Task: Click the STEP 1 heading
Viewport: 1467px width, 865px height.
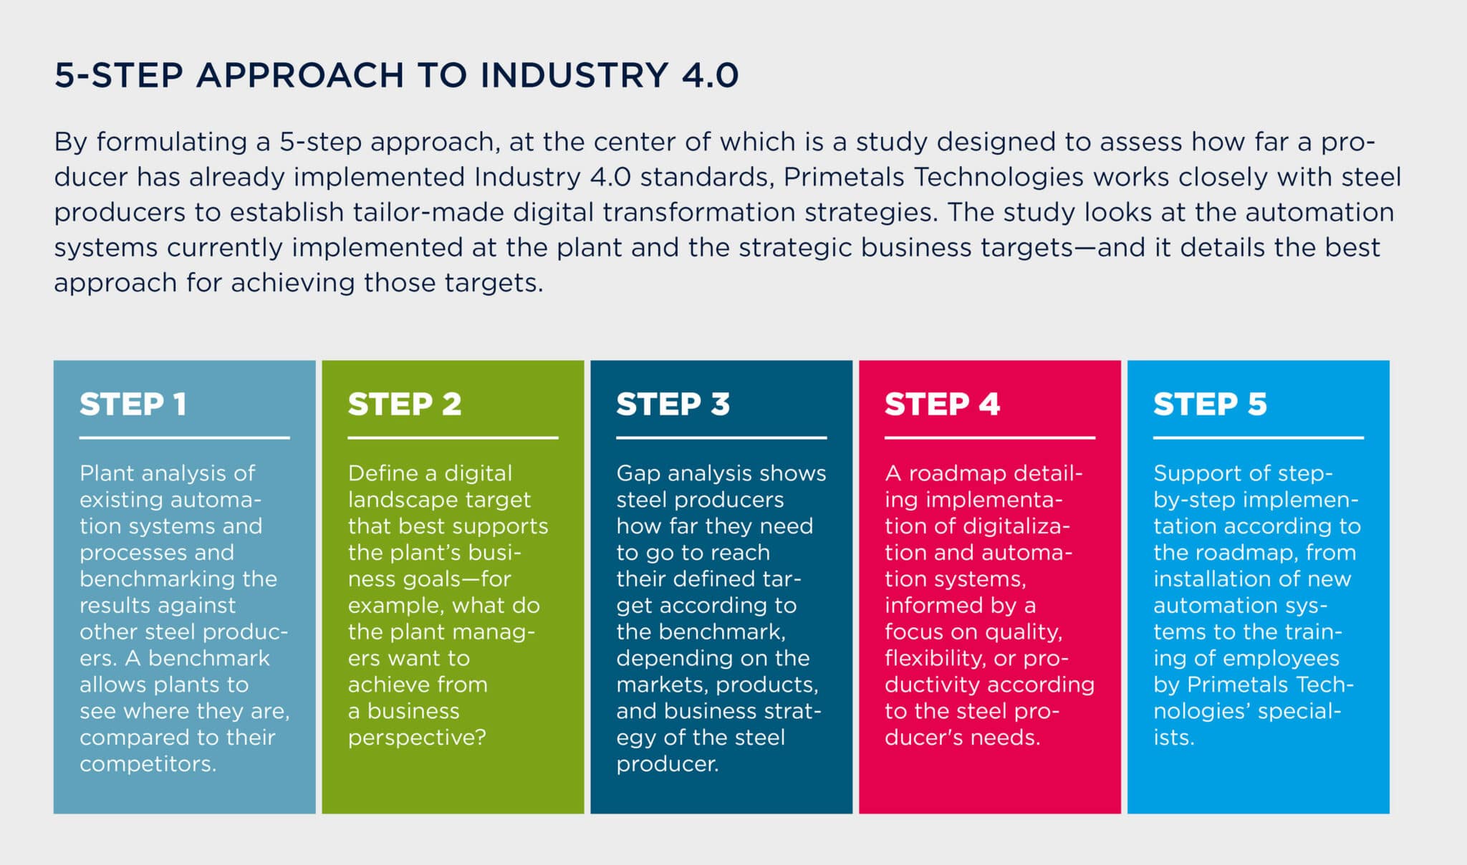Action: tap(133, 404)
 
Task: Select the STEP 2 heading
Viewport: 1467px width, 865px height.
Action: tap(405, 404)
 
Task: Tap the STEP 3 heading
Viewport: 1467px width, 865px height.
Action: tap(673, 404)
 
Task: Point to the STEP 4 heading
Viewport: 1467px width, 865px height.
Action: tap(942, 404)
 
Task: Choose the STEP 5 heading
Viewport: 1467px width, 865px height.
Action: tap(1210, 404)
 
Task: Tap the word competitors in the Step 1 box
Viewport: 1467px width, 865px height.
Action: tap(148, 764)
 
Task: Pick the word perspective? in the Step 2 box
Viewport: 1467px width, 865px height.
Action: tap(417, 738)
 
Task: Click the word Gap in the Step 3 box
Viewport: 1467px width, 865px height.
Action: tap(636, 474)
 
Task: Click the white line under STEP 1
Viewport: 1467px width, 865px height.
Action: tap(184, 438)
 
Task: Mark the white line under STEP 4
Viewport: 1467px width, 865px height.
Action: tap(990, 438)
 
